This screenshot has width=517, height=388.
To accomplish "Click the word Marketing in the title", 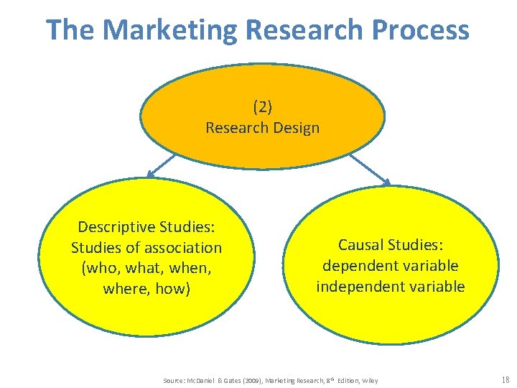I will tap(169, 30).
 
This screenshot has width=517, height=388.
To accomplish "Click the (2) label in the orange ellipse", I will tap(262, 107).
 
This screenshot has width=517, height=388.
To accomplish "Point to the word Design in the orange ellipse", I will tap(296, 128).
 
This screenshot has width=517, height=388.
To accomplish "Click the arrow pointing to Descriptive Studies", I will tap(162, 165).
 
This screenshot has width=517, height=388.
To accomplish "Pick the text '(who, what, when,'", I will tap(146, 269).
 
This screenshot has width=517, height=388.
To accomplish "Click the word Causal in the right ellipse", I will tap(361, 245).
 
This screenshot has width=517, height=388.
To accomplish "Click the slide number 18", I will tap(505, 379).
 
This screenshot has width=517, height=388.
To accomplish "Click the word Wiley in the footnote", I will tap(370, 380).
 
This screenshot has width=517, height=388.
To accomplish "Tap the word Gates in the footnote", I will tap(229, 380).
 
